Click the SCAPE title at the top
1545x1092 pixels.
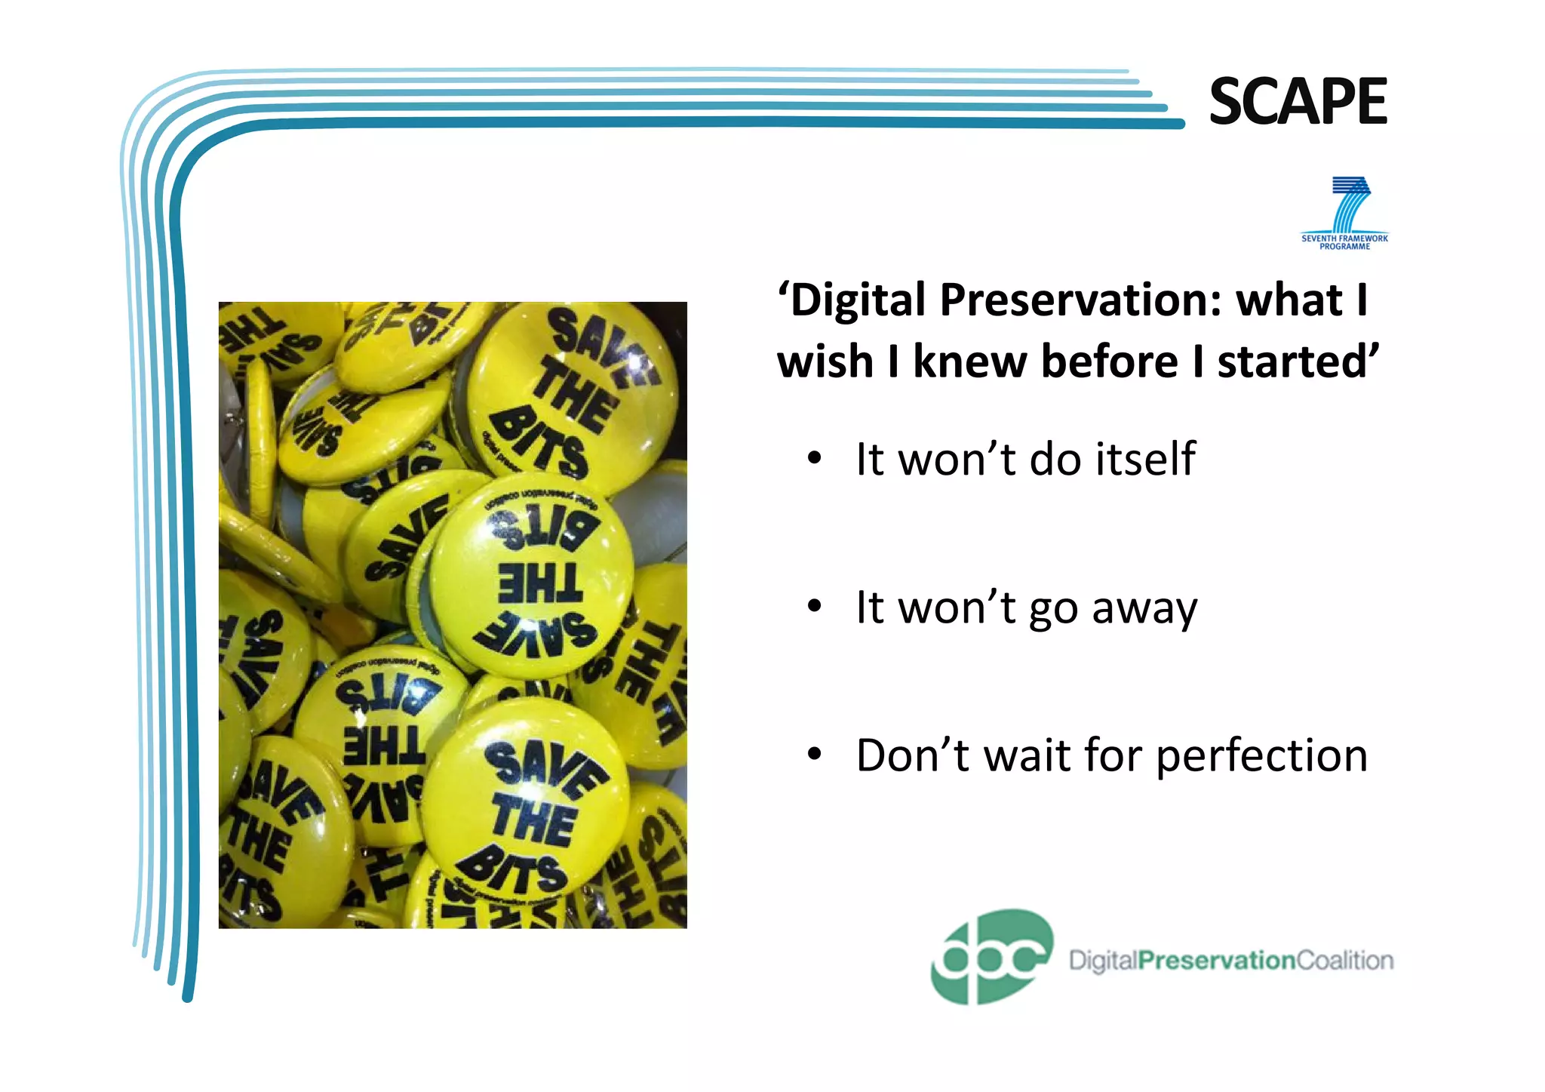[1298, 102]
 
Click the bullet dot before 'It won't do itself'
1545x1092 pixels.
[813, 460]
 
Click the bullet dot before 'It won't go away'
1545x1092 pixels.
[813, 607]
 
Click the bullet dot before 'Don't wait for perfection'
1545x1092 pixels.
[813, 755]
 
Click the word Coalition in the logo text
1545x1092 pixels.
[1344, 961]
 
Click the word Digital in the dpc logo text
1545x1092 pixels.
[1103, 961]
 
